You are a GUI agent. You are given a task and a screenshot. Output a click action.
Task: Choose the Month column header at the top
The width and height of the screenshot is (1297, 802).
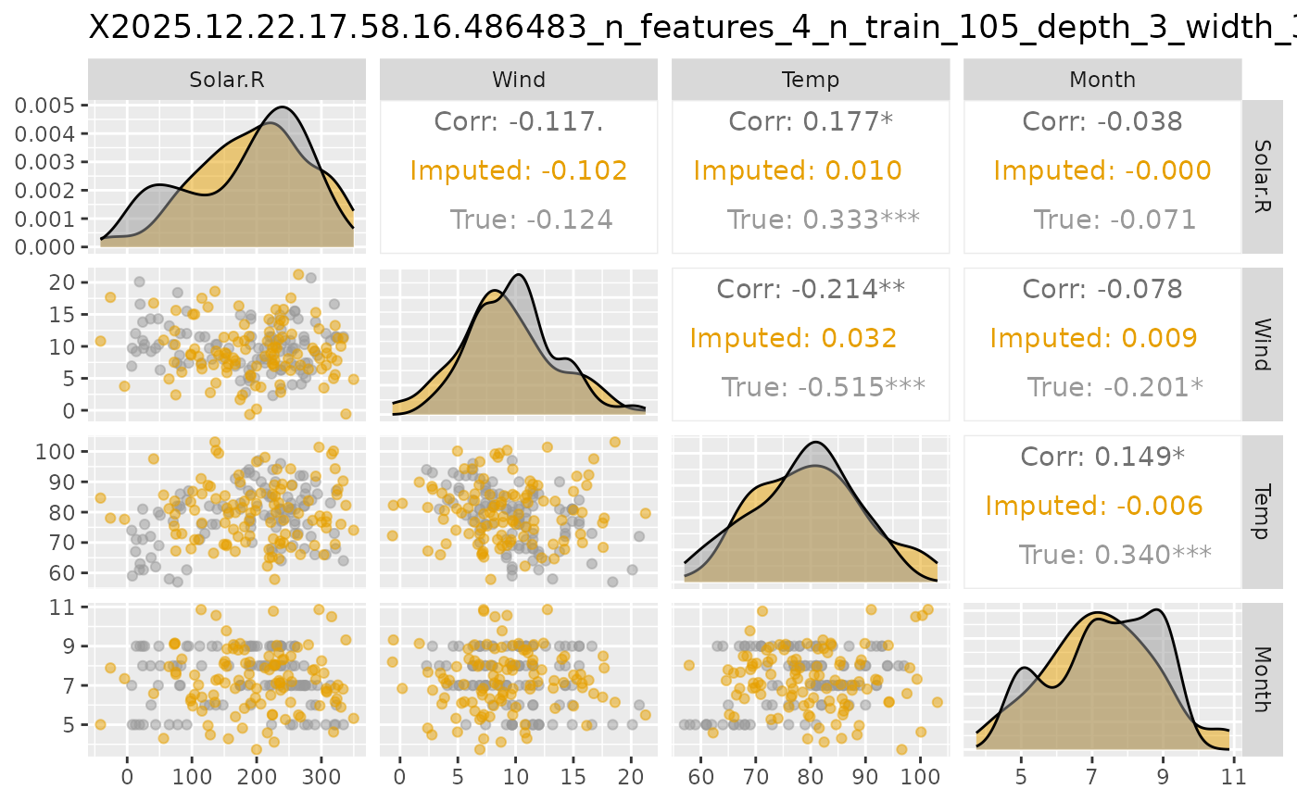pyautogui.click(x=1102, y=80)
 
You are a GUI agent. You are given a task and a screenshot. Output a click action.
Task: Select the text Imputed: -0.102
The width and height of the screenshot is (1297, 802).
pyautogui.click(x=519, y=170)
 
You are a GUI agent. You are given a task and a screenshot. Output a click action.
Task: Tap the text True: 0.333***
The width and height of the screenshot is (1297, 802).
pyautogui.click(x=823, y=219)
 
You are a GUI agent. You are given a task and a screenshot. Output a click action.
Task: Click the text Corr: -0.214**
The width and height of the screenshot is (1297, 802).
pyautogui.click(x=810, y=289)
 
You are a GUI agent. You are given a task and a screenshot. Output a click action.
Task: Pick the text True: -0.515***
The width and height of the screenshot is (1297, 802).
pyautogui.click(x=823, y=387)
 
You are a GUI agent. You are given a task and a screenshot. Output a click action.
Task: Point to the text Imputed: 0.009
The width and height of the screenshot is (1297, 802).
pyautogui.click(x=1093, y=338)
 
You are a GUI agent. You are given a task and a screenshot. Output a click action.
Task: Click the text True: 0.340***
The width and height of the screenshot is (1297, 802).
pyautogui.click(x=1115, y=555)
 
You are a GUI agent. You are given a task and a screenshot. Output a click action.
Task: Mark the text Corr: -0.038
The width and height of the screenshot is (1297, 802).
pyautogui.click(x=1102, y=121)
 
